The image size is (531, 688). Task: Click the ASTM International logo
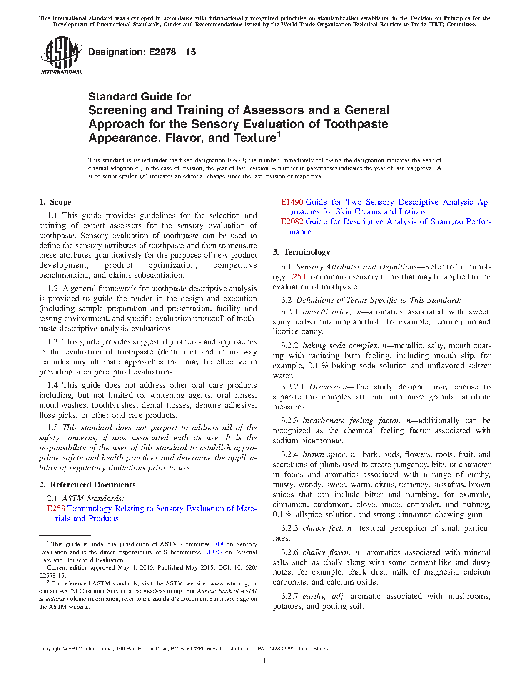61,55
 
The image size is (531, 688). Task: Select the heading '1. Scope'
55,202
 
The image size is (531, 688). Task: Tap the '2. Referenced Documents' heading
87,485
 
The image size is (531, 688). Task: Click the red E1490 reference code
292,202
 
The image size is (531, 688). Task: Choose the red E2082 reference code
292,222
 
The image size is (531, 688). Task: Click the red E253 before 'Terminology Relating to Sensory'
56,509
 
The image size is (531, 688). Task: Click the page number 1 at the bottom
265,661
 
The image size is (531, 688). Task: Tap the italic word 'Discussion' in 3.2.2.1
328,387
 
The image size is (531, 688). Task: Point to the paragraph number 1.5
52,428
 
